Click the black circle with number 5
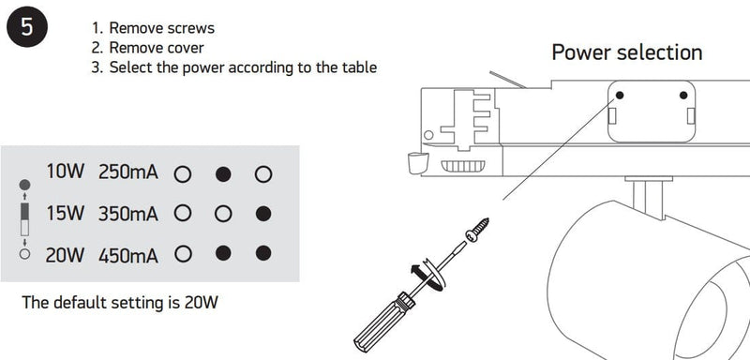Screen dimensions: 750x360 point(27,27)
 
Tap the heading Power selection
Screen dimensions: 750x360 point(627,52)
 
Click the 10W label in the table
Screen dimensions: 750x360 point(65,172)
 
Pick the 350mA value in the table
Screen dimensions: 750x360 point(128,214)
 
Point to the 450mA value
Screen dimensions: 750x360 point(128,256)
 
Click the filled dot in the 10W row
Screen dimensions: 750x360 point(223,174)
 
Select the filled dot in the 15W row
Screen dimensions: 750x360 point(263,214)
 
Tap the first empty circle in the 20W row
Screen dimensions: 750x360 point(183,254)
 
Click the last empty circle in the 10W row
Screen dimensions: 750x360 point(263,174)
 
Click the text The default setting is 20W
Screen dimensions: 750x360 point(120,303)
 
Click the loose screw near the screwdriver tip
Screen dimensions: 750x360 point(477,229)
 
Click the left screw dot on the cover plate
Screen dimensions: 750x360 point(620,95)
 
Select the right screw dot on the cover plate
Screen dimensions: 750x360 point(683,95)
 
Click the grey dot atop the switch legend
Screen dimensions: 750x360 point(25,185)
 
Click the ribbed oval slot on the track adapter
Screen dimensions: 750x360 point(462,166)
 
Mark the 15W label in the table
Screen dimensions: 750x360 point(65,214)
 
